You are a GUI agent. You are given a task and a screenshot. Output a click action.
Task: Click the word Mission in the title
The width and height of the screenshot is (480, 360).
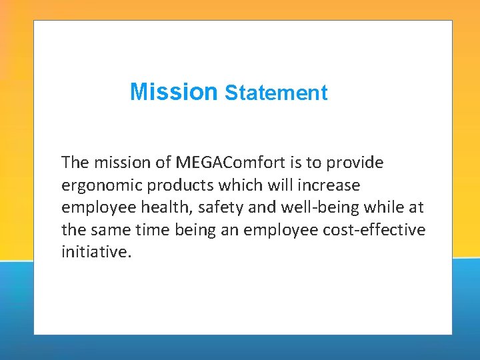[x=174, y=91]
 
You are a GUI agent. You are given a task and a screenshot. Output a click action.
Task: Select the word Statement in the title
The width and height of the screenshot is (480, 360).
[x=276, y=93]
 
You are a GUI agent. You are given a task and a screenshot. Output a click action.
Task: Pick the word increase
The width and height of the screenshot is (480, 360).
[x=331, y=184]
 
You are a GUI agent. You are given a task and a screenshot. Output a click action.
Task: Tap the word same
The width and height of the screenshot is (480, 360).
[x=109, y=230]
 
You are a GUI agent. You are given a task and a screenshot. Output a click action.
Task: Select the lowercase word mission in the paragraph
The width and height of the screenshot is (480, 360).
[x=117, y=162]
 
